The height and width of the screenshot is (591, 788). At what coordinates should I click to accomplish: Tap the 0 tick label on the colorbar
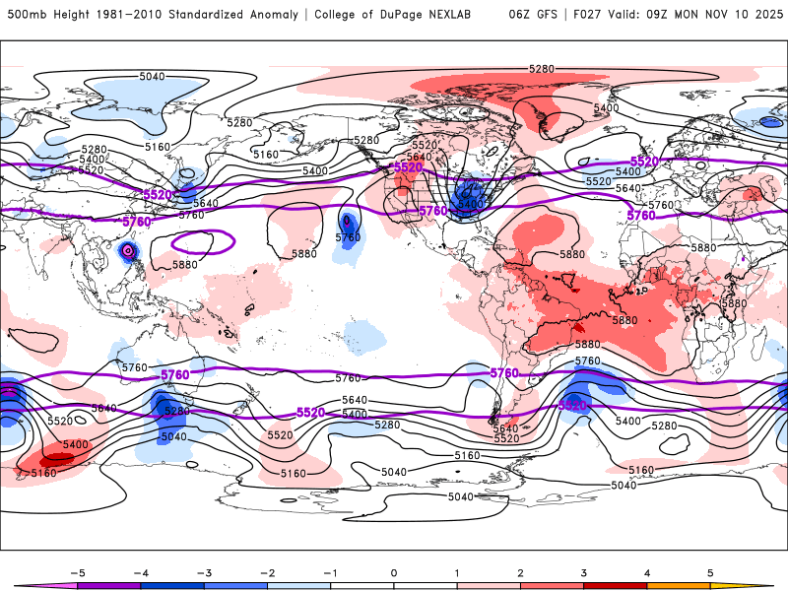pos(394,571)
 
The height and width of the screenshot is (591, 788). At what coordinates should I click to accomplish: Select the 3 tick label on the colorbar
pos(584,571)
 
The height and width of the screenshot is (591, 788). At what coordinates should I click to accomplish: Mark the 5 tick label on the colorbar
pos(710,571)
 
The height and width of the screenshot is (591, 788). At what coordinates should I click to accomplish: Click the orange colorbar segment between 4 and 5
pos(679,585)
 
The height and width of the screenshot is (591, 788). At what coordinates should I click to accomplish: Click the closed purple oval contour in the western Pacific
pos(202,239)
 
